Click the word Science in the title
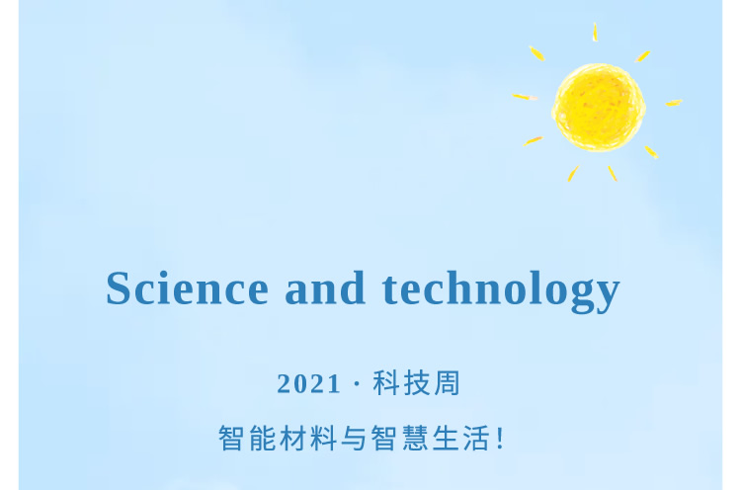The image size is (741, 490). [x=187, y=287]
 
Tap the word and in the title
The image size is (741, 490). [x=325, y=287]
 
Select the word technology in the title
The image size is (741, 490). [x=501, y=291]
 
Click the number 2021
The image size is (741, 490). [x=308, y=383]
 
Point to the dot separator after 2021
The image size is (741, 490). [x=357, y=383]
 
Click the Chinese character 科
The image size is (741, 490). [x=386, y=382]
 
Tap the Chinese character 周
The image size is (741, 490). [x=447, y=382]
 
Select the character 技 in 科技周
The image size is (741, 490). [x=416, y=382]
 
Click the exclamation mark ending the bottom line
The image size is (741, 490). [x=501, y=438]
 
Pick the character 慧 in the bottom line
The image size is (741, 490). [x=415, y=438]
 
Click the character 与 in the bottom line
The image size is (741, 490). [x=354, y=438]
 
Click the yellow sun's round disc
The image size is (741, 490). [x=599, y=108]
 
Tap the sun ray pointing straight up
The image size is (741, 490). [x=595, y=33]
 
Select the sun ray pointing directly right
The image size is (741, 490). [x=674, y=103]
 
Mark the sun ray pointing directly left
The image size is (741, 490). [x=525, y=97]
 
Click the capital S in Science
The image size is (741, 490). [x=119, y=287]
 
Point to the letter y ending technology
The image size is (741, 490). [x=608, y=295]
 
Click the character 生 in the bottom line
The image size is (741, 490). [x=446, y=438]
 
